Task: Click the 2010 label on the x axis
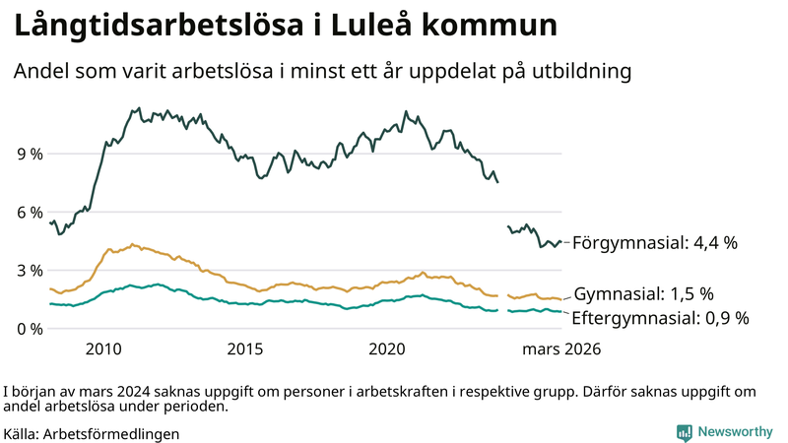(x=103, y=348)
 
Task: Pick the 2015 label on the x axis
(x=245, y=348)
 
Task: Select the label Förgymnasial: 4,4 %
(x=654, y=242)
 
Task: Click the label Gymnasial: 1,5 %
(x=643, y=294)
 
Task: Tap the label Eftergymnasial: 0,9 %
(x=660, y=318)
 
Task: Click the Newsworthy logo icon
(x=684, y=432)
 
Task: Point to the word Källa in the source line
(x=21, y=433)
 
